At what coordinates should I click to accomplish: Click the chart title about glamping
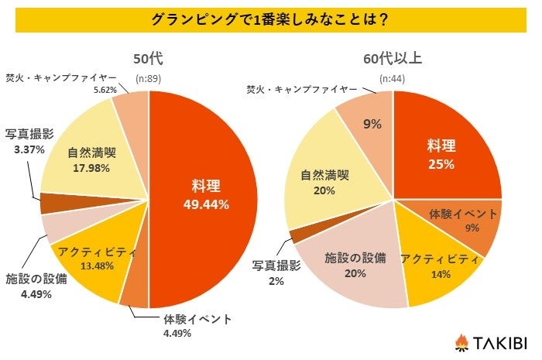270,20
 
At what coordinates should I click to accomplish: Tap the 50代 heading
148,58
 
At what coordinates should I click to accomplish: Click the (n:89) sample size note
148,78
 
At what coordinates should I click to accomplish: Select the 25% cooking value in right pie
441,163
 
